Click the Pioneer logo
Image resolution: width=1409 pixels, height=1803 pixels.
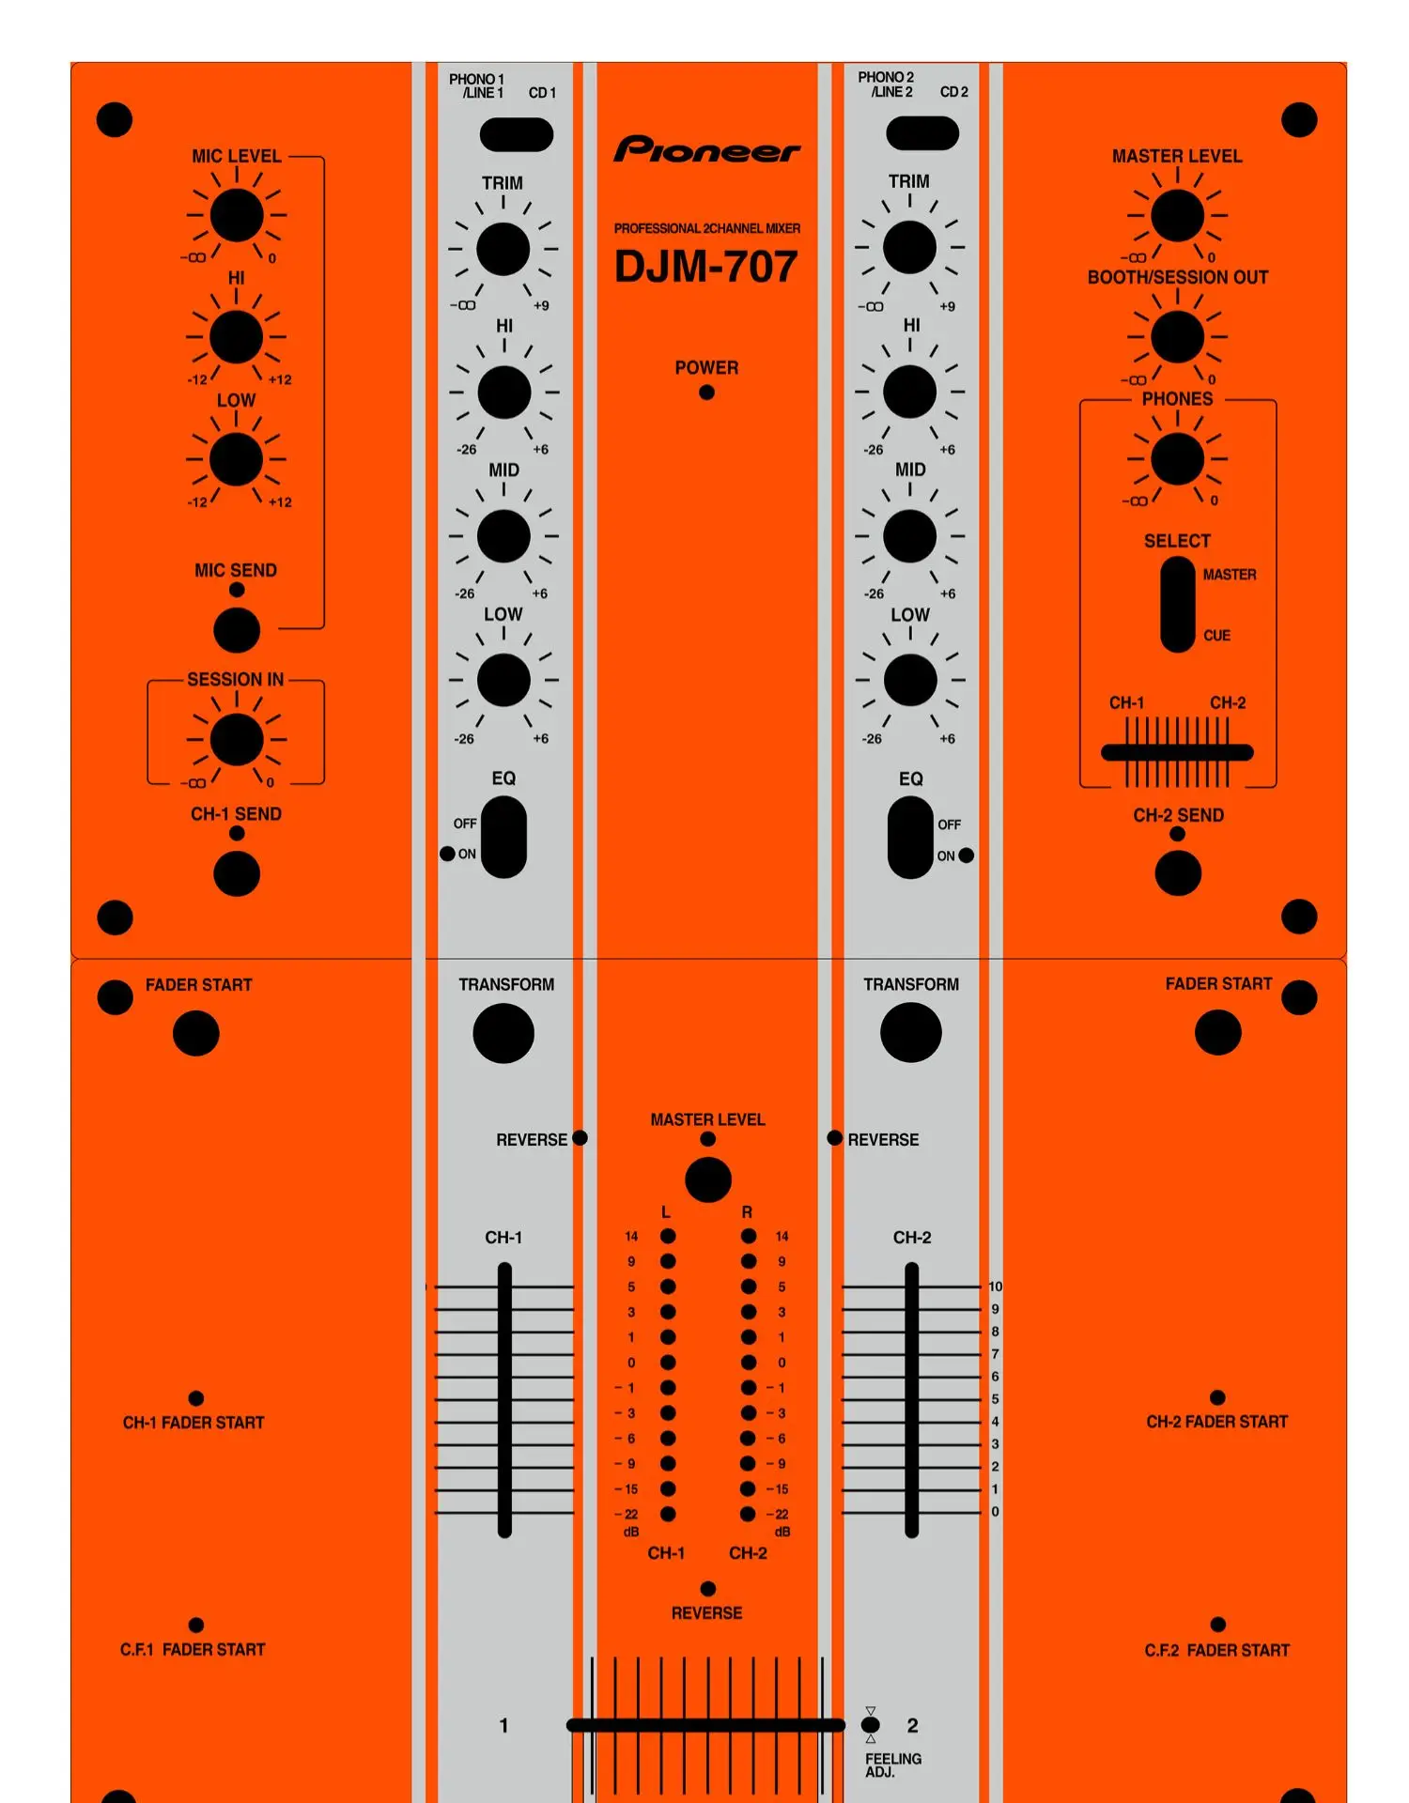point(706,149)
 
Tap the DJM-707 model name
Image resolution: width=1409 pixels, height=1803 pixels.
point(705,267)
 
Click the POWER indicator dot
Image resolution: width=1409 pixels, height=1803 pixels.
point(706,393)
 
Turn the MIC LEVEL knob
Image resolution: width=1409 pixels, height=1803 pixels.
point(237,215)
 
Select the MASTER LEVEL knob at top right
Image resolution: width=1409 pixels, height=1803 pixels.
point(1177,215)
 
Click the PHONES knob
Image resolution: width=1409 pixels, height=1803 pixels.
point(1177,459)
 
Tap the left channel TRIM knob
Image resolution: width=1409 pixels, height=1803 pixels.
point(503,249)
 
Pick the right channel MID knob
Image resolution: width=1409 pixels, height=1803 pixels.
point(909,536)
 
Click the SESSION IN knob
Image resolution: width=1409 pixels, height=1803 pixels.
point(237,739)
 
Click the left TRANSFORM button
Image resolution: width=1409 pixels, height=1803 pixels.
point(503,1033)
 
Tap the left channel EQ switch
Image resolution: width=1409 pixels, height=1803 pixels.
point(503,837)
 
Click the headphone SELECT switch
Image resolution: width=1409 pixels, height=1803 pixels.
point(1178,604)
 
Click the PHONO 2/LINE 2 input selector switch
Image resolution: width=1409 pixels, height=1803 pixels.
point(922,133)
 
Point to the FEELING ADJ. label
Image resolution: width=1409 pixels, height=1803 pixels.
point(892,1764)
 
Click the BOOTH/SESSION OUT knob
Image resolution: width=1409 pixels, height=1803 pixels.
point(1177,336)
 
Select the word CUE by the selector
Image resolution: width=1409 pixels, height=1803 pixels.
point(1216,636)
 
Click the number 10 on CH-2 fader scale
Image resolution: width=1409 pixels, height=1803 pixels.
point(995,1287)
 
